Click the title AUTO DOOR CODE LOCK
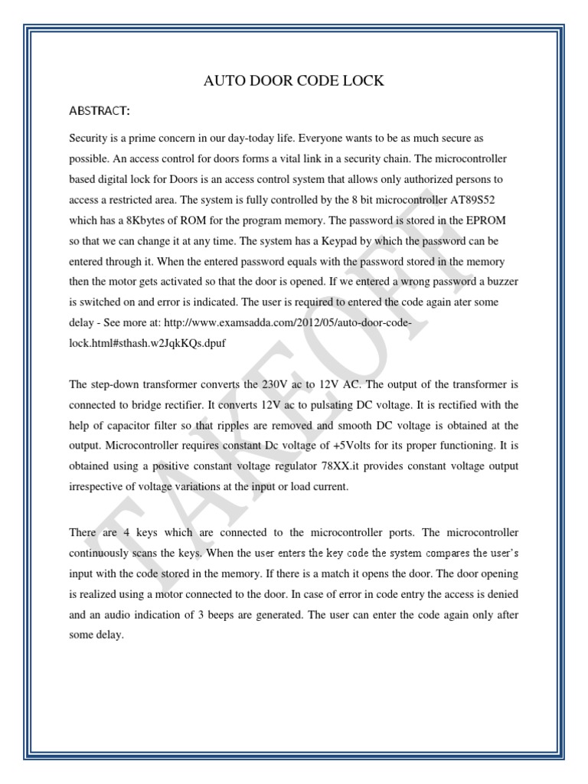point(293,81)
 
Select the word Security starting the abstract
point(91,137)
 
